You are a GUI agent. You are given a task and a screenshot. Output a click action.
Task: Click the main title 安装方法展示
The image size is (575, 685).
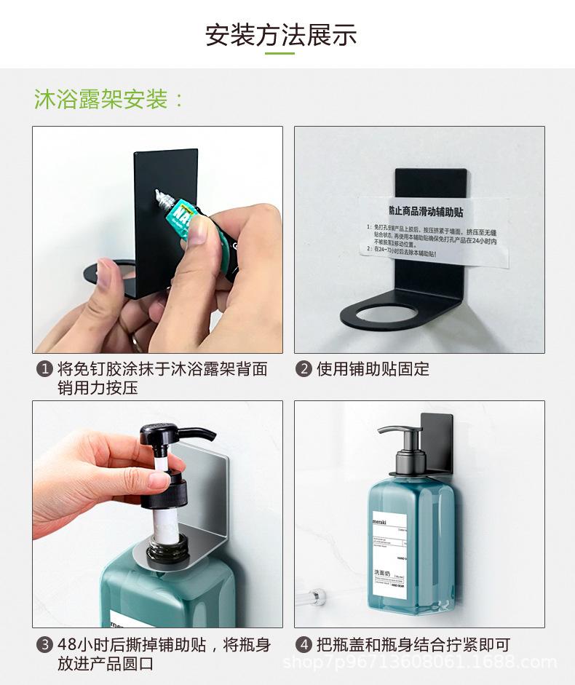pyautogui.click(x=281, y=34)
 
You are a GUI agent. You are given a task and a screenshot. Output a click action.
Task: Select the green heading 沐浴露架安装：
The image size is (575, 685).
pyautogui.click(x=109, y=99)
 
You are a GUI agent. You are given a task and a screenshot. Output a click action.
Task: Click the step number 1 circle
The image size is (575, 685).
pyautogui.click(x=44, y=370)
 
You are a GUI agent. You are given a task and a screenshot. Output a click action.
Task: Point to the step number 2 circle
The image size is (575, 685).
pyautogui.click(x=303, y=369)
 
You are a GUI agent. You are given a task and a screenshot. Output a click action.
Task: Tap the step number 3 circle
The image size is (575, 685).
pyautogui.click(x=44, y=645)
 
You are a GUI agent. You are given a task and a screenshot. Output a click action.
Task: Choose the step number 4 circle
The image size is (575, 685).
pyautogui.click(x=303, y=645)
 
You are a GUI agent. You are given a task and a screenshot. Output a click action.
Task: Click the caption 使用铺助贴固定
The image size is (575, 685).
pyautogui.click(x=373, y=369)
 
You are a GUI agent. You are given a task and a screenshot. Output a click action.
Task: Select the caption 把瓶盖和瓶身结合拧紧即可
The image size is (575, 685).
pyautogui.click(x=413, y=645)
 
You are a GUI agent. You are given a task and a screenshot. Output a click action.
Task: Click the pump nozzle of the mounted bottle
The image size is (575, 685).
pyautogui.click(x=386, y=430)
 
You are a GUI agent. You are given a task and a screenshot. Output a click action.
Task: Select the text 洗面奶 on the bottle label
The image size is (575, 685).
pyautogui.click(x=383, y=573)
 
